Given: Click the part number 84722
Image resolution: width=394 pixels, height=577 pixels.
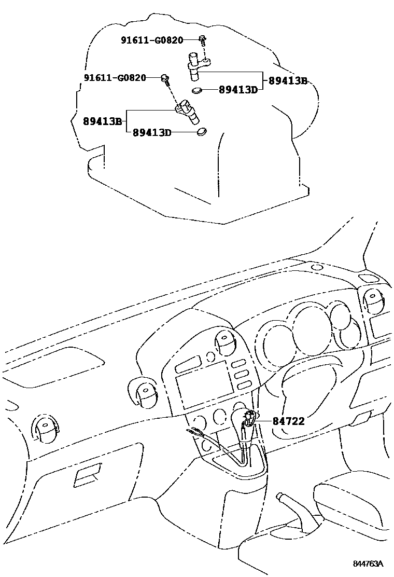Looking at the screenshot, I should (289, 421).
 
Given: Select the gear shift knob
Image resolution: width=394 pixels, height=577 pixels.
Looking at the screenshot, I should (249, 417).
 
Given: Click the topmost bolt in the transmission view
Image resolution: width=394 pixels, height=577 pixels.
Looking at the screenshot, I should (202, 39).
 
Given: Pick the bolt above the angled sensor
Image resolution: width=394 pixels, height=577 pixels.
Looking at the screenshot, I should (165, 78).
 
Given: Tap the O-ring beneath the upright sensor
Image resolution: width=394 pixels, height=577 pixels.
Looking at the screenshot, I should (196, 90).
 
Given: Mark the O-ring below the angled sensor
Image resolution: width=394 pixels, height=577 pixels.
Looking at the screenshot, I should (201, 132).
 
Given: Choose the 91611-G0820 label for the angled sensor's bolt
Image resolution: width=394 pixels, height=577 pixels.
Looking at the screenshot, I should (115, 78).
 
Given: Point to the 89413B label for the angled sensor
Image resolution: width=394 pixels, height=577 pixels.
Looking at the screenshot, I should (102, 122).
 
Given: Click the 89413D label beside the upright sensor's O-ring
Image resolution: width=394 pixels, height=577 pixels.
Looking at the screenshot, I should (238, 90).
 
